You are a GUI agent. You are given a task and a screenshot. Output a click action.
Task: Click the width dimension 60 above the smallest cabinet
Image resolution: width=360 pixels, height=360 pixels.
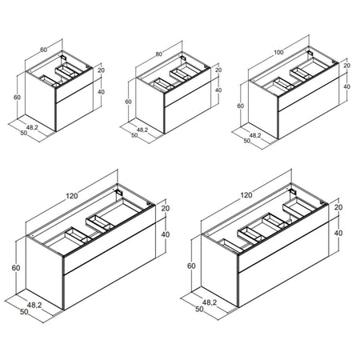click(44, 50)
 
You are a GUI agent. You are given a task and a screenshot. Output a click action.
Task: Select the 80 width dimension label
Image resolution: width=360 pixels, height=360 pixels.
click(158, 54)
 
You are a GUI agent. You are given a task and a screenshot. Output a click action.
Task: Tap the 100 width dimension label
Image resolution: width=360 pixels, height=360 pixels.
click(278, 52)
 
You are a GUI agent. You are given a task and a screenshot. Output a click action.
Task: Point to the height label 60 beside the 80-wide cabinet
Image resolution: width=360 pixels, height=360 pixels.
click(128, 102)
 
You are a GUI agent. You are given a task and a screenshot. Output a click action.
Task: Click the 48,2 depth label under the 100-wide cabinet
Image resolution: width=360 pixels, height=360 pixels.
click(255, 135)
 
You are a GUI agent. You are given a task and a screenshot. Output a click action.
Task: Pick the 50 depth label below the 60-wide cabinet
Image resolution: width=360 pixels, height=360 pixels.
click(24, 133)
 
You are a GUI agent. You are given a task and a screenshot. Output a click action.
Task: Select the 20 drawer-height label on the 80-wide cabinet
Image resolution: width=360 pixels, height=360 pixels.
click(218, 70)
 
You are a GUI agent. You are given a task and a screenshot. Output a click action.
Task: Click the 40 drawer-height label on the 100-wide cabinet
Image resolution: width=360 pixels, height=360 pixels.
click(346, 87)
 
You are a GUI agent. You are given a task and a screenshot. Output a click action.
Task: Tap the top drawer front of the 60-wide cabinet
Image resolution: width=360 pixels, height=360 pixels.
click(74, 86)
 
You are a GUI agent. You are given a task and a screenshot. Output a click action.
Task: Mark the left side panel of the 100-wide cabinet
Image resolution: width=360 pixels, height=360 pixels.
click(263, 110)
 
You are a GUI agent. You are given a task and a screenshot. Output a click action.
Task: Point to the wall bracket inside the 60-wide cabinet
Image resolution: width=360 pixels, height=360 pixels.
click(64, 58)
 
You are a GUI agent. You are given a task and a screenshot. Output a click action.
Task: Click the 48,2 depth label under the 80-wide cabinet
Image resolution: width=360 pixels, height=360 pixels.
click(142, 130)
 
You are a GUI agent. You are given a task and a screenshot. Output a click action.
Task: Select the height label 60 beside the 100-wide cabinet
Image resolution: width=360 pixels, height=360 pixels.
click(240, 106)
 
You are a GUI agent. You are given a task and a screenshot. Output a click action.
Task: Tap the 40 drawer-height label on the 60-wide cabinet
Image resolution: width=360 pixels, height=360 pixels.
click(101, 92)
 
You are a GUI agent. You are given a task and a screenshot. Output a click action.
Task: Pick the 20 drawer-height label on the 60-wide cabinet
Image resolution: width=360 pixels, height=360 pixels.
click(101, 70)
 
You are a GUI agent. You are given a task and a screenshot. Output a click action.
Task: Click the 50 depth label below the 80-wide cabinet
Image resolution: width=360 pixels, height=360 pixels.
click(134, 135)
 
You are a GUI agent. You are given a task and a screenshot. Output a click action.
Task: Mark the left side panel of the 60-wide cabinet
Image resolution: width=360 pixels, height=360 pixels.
click(40, 102)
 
